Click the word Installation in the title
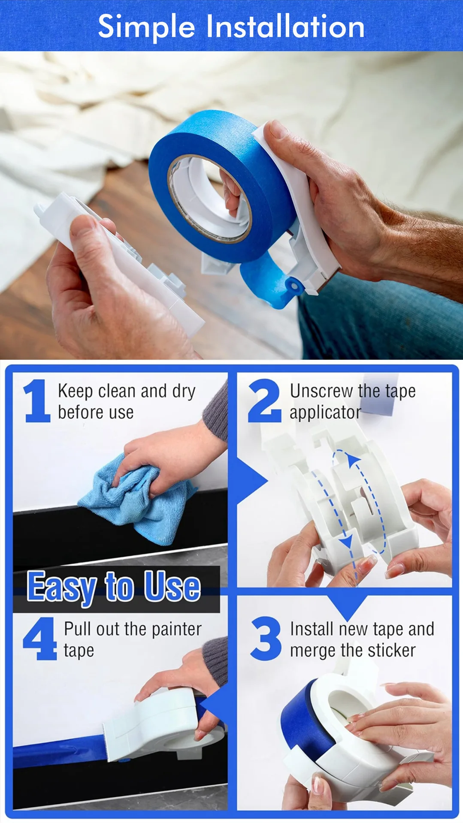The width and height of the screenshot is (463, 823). (x=285, y=27)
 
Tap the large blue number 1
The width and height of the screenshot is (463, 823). (x=37, y=401)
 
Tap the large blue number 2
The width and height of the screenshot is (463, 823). (x=265, y=401)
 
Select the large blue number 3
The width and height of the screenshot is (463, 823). (x=266, y=638)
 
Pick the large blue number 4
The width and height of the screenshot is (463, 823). (x=39, y=638)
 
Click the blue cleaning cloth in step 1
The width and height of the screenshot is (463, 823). (x=136, y=500)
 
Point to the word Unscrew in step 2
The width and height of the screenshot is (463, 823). (x=322, y=391)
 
